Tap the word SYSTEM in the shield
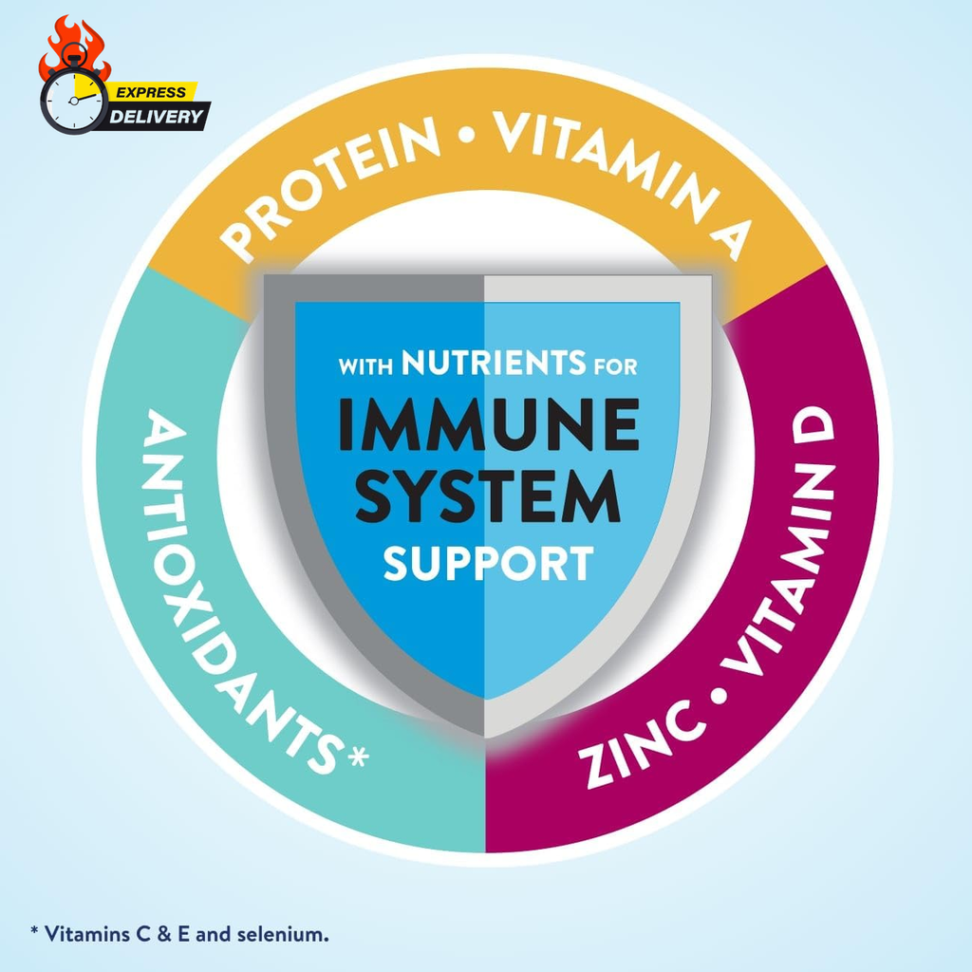(x=489, y=495)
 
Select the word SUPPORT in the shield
(x=489, y=563)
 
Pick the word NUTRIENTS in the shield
(x=494, y=363)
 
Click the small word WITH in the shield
(x=365, y=366)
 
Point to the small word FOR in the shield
(x=615, y=366)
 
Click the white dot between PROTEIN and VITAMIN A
(x=467, y=134)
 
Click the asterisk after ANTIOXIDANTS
(x=358, y=757)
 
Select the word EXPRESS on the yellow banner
(x=151, y=92)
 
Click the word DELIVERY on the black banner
(x=156, y=117)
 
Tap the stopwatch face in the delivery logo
(x=74, y=101)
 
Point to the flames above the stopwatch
(x=73, y=47)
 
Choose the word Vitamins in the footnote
(x=87, y=934)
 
